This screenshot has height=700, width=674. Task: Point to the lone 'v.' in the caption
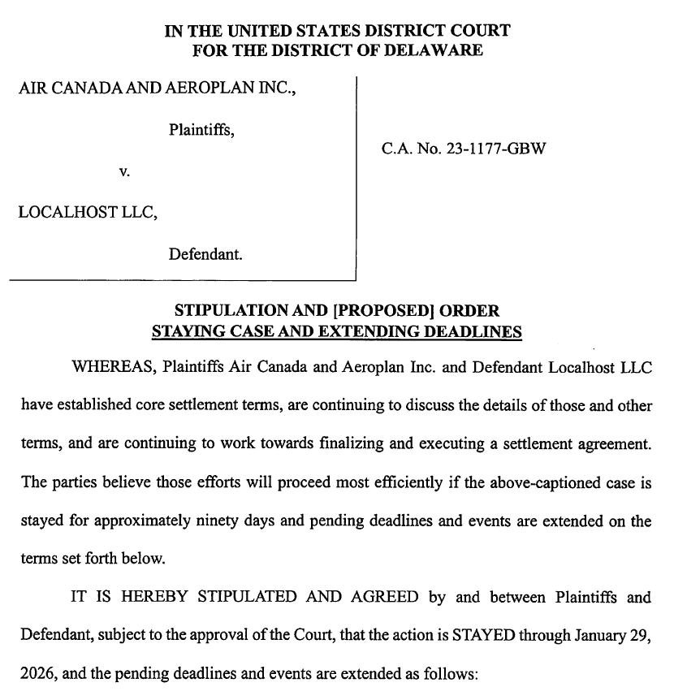[124, 171]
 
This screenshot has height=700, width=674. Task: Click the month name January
[605, 635]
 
